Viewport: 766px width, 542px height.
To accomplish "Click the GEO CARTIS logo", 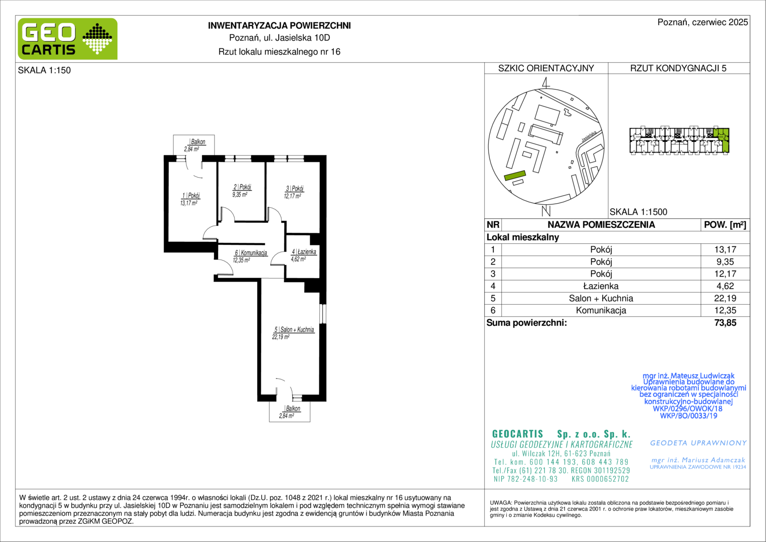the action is [x=68, y=39].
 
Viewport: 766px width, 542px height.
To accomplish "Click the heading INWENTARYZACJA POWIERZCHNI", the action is [x=279, y=26].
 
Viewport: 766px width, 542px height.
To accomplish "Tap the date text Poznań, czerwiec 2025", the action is [x=703, y=22].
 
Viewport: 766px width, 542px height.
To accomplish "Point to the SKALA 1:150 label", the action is [x=44, y=70].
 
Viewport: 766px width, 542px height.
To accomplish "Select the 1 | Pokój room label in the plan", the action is [x=191, y=196].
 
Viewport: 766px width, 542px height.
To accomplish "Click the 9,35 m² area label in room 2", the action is [x=240, y=195].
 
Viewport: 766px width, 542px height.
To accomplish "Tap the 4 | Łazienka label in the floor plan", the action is [x=304, y=251].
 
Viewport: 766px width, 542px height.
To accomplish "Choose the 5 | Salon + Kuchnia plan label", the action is [x=294, y=329].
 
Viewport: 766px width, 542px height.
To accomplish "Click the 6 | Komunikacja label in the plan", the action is [x=251, y=252].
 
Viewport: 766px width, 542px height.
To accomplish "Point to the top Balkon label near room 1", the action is [x=198, y=142].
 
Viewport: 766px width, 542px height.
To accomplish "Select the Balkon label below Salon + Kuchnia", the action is [x=293, y=409].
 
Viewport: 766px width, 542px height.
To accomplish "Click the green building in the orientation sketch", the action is [x=515, y=176].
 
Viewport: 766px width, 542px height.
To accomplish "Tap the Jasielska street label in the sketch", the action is [x=589, y=137].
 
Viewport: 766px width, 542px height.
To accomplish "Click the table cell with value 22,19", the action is [x=725, y=298].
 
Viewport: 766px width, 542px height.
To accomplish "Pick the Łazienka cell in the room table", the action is [x=601, y=286].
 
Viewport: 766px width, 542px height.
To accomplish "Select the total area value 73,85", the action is [x=725, y=323].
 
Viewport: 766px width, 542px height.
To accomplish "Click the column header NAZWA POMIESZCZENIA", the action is [x=601, y=225].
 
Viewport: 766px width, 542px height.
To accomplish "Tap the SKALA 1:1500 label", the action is [x=639, y=212].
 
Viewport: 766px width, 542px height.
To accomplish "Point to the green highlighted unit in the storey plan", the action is [x=724, y=141].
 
